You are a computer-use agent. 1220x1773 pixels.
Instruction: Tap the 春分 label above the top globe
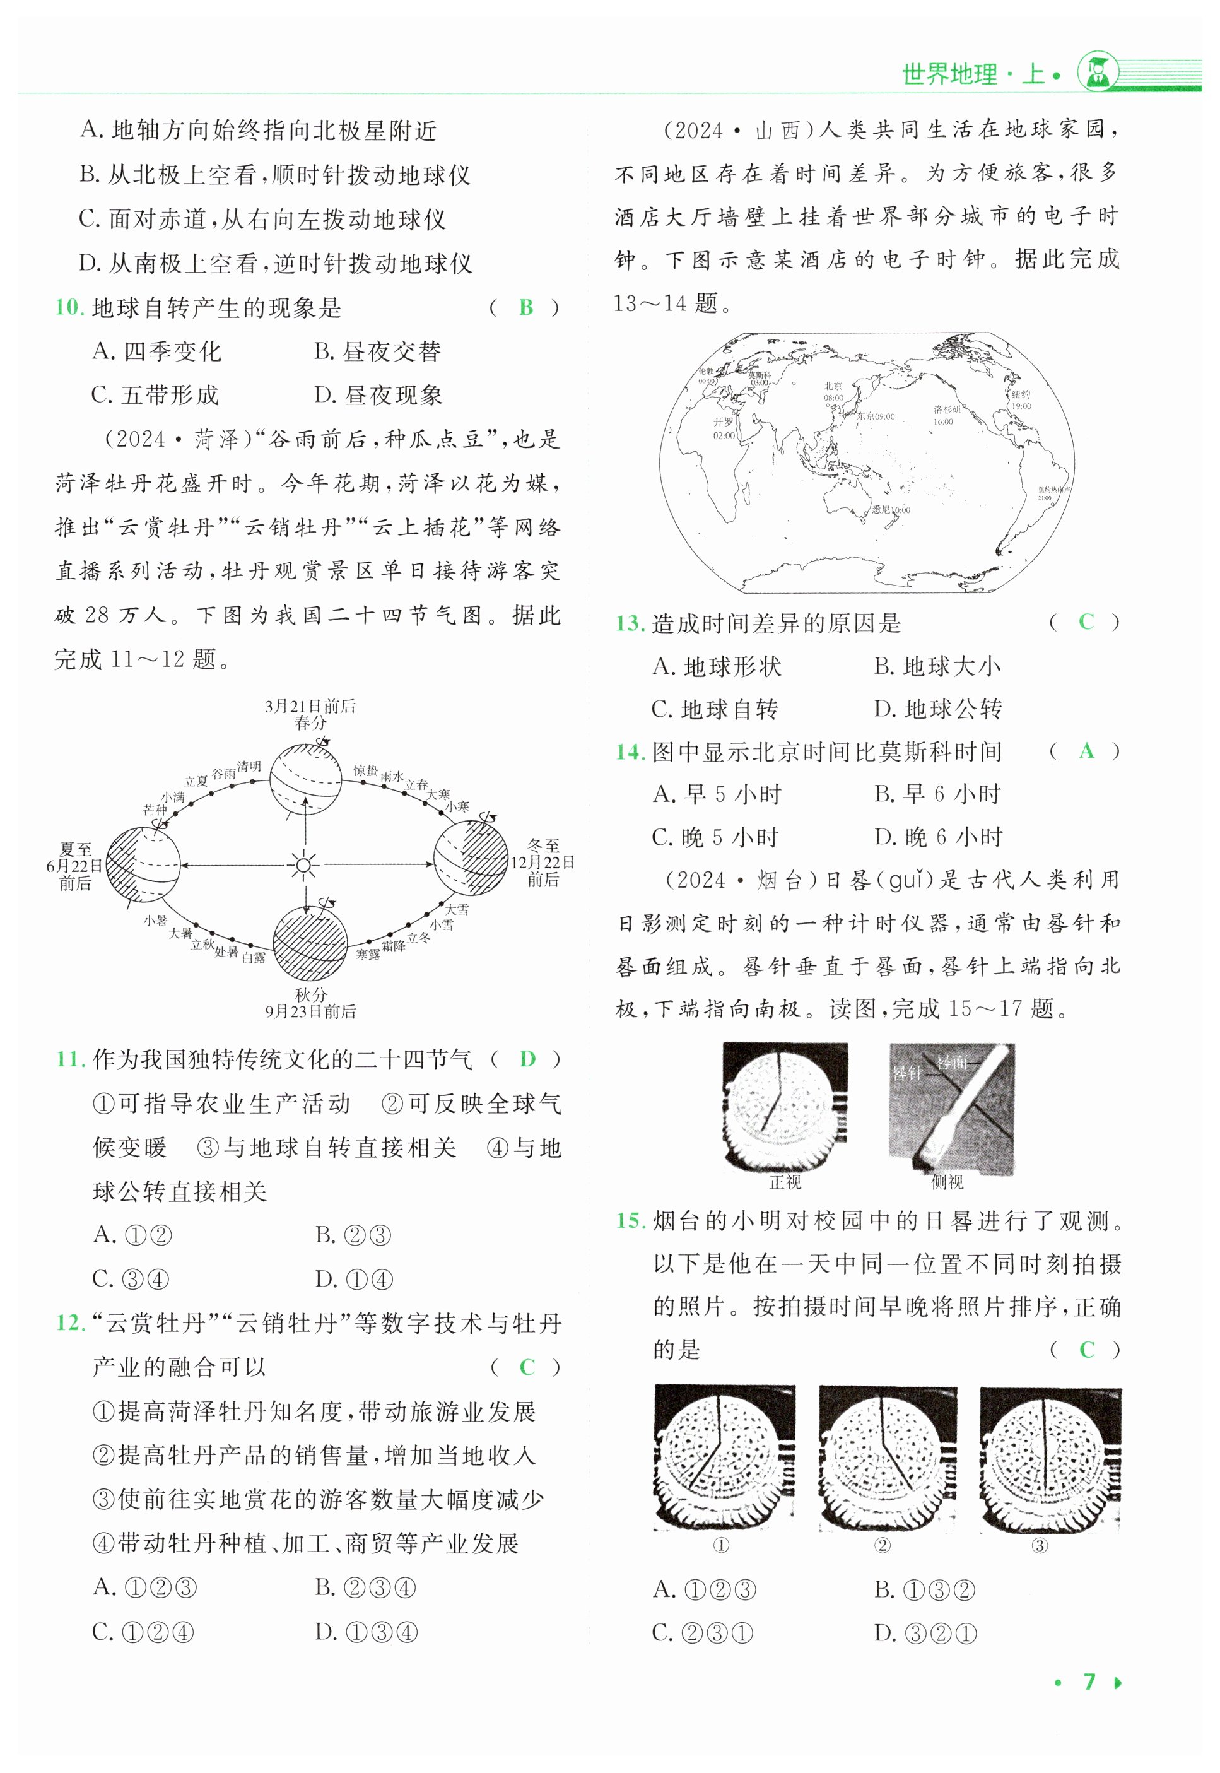coord(310,722)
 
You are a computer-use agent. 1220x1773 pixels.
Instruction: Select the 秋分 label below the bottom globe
coord(310,994)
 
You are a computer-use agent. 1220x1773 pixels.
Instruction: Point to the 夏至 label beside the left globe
coord(75,849)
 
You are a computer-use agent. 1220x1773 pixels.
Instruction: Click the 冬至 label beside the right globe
coord(544,845)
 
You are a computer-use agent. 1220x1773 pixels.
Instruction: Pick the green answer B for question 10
coord(526,307)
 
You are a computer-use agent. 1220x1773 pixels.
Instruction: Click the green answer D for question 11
coord(527,1059)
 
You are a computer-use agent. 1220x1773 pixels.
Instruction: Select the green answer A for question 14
coord(1086,751)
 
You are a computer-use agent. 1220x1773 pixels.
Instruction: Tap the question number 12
coord(70,1322)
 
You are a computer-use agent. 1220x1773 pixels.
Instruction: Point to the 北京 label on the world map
coord(833,386)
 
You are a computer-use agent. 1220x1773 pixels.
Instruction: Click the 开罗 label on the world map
coord(723,421)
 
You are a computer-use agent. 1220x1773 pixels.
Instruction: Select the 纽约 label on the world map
coord(1021,394)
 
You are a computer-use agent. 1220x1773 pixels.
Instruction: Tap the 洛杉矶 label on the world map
coord(947,409)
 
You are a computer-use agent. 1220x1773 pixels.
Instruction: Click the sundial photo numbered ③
coord(1050,1458)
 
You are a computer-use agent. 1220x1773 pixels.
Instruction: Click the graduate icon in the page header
coord(1097,73)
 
